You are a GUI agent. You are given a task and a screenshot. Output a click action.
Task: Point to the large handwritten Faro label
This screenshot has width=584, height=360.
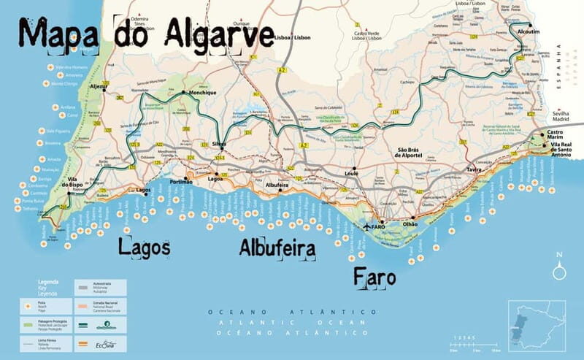pos(374,277)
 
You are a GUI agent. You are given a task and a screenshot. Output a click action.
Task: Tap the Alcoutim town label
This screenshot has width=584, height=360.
pos(528,33)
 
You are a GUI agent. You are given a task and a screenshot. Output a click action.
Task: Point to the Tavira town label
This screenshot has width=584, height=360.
pos(476,169)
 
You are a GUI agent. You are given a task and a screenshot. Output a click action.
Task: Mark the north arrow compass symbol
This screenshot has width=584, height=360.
pos(559,267)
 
